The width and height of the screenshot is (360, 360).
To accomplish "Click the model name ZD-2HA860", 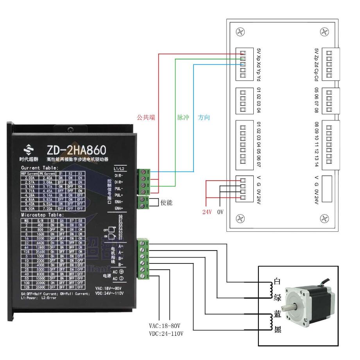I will click(76, 150).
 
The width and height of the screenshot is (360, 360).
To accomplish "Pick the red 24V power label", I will click(207, 213).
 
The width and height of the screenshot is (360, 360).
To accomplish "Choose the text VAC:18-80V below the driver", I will click(167, 326).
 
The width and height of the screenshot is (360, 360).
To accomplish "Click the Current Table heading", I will click(39, 168).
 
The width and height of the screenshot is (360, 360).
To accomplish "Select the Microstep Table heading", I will click(42, 215).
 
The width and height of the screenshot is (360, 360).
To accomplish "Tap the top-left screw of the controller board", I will click(240, 32).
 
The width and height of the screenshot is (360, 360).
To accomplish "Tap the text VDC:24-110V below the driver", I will click(166, 333).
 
